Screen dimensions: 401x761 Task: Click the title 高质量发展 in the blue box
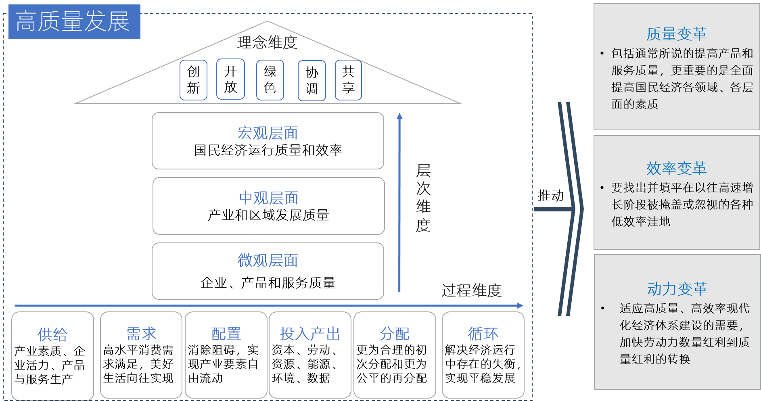click(x=73, y=22)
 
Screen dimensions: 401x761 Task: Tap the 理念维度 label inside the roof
click(x=267, y=43)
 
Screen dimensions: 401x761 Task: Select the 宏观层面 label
click(x=268, y=133)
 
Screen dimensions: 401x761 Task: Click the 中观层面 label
click(x=268, y=198)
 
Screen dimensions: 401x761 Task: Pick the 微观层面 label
click(x=268, y=261)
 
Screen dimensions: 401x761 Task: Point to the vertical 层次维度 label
click(x=423, y=198)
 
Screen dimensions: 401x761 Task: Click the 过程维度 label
click(x=471, y=290)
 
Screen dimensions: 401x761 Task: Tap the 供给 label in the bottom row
click(x=52, y=334)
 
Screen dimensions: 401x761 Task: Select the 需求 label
click(x=141, y=334)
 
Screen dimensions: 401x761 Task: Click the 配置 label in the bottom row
click(x=226, y=334)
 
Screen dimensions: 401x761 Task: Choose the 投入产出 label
click(x=310, y=334)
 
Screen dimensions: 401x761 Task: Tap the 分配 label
click(x=395, y=334)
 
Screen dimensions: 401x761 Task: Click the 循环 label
click(x=483, y=334)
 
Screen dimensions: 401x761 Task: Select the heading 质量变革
click(x=676, y=34)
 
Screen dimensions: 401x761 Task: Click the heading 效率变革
click(x=676, y=169)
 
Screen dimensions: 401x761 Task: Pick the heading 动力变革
click(x=677, y=289)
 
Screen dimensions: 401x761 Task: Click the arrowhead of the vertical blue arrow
click(x=399, y=116)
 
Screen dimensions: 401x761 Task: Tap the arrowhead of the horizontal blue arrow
click(x=521, y=306)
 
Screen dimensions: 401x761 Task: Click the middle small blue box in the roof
click(x=270, y=80)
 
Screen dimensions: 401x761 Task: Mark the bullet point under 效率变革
click(x=602, y=188)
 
